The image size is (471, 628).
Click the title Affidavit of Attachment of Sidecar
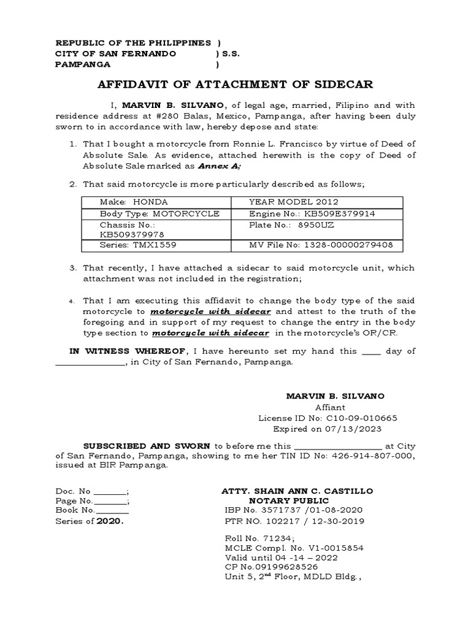coord(235,84)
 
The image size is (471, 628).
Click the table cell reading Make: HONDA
coord(133,202)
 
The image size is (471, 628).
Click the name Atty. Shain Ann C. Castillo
coord(296,492)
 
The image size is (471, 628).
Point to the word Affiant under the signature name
coord(330,407)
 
